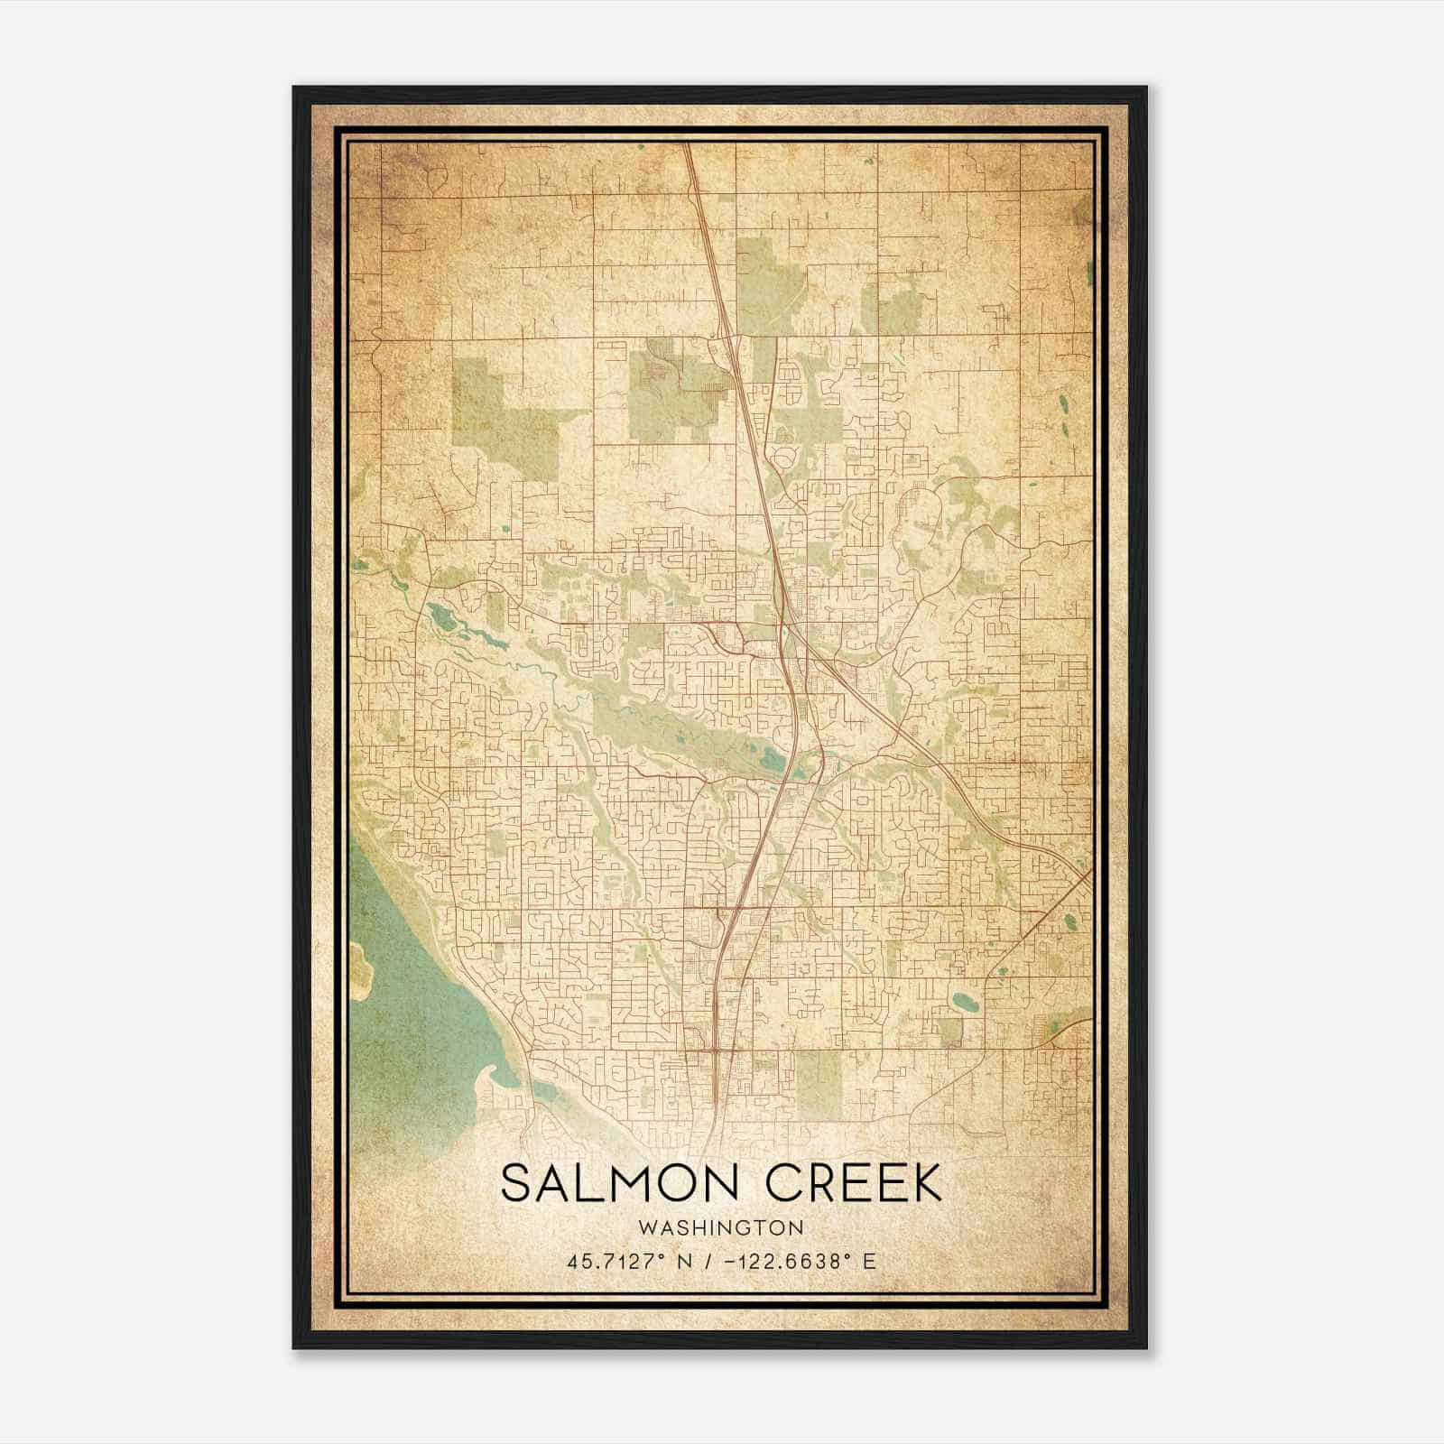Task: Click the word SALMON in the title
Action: tap(614, 1183)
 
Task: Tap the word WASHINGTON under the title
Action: tap(720, 1227)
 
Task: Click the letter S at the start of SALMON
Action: tap(514, 1183)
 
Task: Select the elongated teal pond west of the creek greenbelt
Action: tap(442, 618)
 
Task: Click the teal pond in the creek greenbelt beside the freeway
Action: tap(772, 758)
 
